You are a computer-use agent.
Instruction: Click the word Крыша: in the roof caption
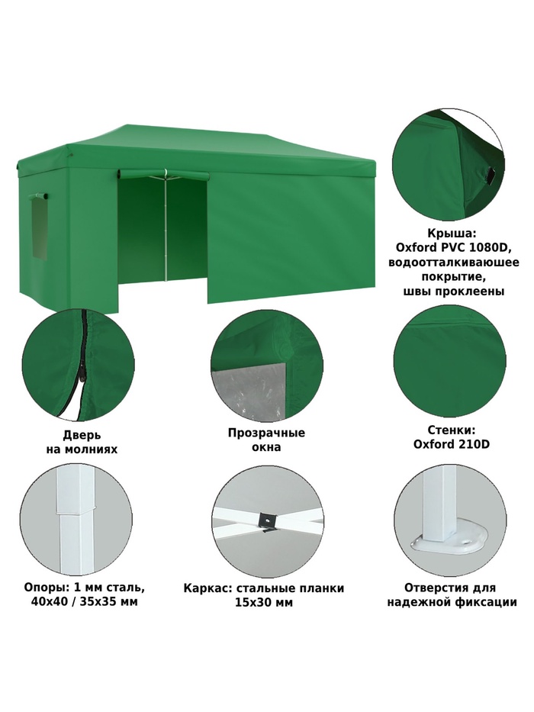click(x=452, y=234)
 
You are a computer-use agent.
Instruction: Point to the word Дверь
click(x=82, y=436)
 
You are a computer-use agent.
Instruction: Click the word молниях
click(x=94, y=449)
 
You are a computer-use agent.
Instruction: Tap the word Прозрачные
click(x=266, y=433)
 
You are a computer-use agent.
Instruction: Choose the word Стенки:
click(x=452, y=430)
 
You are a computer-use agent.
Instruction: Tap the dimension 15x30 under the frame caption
click(x=254, y=603)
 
